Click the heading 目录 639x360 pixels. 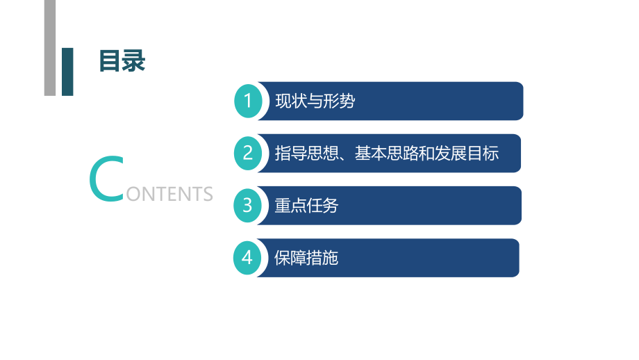[x=122, y=60]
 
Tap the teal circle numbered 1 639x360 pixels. [x=248, y=101]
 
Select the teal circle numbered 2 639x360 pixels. [x=248, y=153]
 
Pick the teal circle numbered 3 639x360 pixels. [x=248, y=205]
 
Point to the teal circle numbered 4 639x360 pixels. [x=248, y=258]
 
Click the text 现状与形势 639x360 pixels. [x=315, y=101]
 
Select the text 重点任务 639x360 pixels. [x=306, y=206]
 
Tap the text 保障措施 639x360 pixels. [x=306, y=259]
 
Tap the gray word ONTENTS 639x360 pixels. [x=169, y=193]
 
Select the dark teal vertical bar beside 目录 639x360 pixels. [x=67, y=71]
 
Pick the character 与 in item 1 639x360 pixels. [x=315, y=101]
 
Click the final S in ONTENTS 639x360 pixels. [x=207, y=193]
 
